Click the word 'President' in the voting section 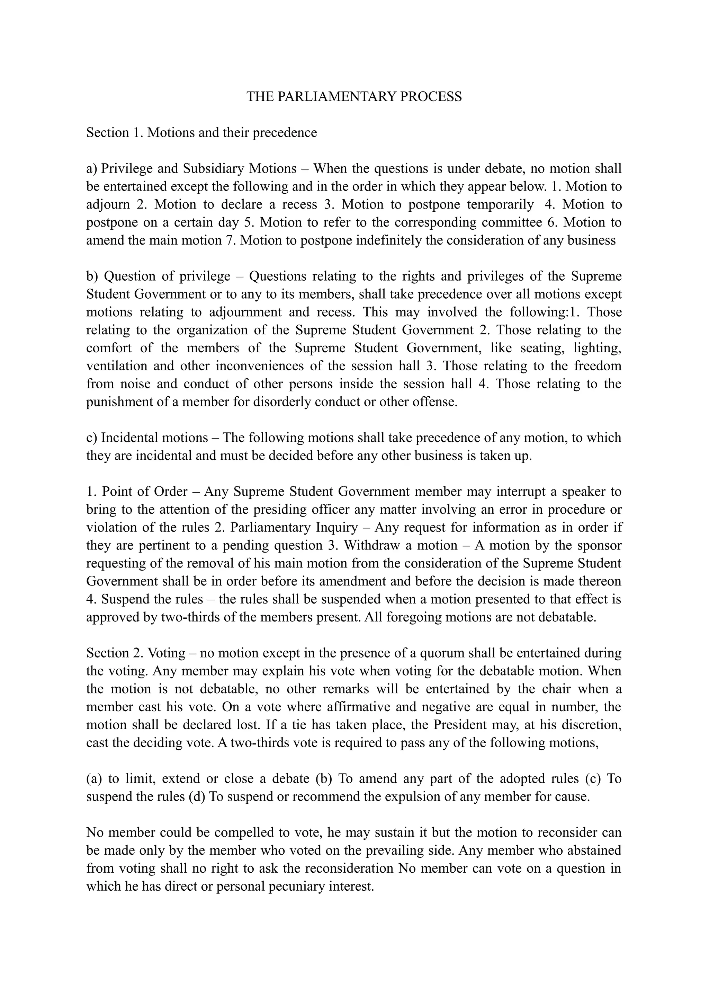click(460, 724)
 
